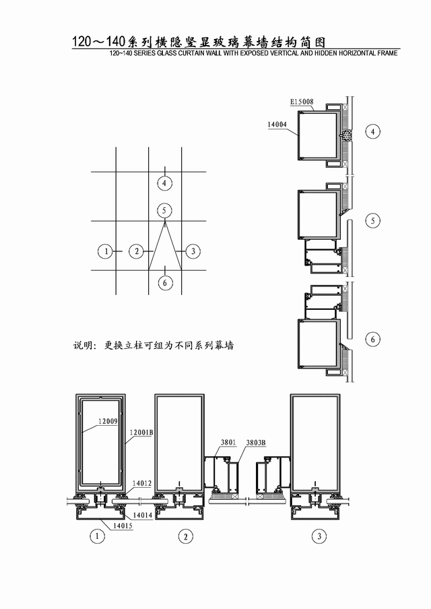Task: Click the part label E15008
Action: click(x=302, y=102)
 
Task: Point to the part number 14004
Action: click(x=277, y=124)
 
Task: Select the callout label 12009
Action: click(x=108, y=421)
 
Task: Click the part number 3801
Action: click(x=228, y=442)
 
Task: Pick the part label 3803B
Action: click(x=256, y=443)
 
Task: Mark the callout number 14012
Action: click(x=141, y=483)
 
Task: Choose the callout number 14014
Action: click(x=143, y=515)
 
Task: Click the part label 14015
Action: click(x=123, y=526)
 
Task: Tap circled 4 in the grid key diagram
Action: click(x=164, y=183)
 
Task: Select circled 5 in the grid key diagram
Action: click(x=164, y=210)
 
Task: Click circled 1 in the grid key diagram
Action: click(x=106, y=251)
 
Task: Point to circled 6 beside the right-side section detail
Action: click(x=373, y=340)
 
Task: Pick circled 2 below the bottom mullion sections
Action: click(x=185, y=537)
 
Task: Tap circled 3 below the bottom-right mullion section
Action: click(x=319, y=536)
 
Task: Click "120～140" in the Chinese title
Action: click(x=98, y=42)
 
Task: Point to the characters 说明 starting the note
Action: click(x=82, y=345)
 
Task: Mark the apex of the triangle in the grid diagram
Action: click(x=165, y=221)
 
